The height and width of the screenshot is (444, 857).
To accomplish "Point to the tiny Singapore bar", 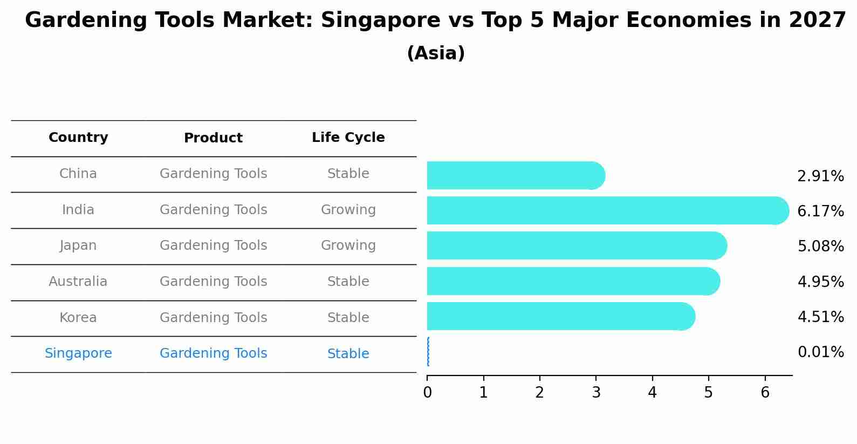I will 428,352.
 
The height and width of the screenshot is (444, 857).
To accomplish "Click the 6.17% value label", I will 820,211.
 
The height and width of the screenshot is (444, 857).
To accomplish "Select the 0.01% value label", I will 820,352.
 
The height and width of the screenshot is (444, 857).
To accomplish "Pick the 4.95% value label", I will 820,282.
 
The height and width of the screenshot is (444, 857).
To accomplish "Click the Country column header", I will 78,138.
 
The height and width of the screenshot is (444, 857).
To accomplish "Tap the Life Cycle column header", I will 348,138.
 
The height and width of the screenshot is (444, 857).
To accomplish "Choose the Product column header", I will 213,138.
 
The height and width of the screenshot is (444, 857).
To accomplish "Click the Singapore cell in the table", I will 78,353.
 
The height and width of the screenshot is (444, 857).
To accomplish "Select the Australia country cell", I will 78,282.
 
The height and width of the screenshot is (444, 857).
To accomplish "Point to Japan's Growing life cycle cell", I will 348,245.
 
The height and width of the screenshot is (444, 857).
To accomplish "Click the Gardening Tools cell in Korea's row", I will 213,318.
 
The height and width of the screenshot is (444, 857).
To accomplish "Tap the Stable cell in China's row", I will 348,174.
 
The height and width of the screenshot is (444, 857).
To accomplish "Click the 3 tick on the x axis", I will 596,393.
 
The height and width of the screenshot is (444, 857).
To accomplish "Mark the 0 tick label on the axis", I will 427,393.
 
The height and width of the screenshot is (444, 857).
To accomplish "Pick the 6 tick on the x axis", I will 765,393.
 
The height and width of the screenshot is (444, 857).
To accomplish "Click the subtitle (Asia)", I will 436,53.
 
